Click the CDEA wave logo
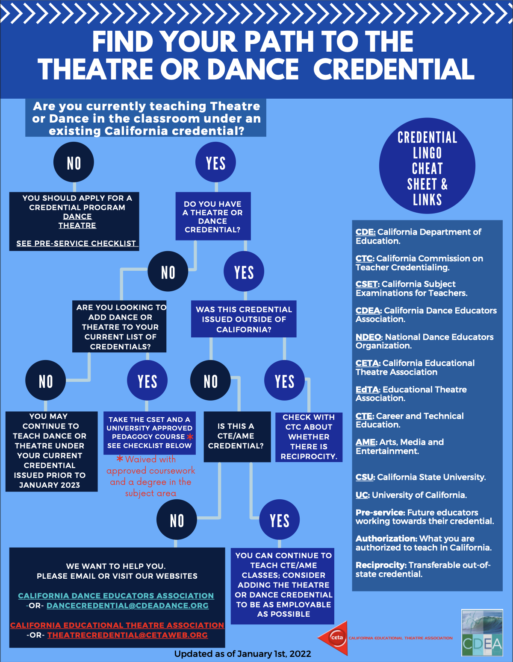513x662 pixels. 482,633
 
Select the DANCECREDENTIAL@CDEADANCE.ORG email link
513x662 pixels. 127,606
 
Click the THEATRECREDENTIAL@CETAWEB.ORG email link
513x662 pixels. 127,635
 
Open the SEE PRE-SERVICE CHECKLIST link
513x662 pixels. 76,243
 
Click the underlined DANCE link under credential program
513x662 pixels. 77,217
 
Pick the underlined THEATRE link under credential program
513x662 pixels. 77,226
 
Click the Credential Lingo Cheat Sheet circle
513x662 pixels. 427,166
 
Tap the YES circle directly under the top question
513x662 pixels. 215,163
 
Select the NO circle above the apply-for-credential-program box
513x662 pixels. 74,163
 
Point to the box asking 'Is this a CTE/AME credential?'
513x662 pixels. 237,436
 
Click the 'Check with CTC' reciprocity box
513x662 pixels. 309,436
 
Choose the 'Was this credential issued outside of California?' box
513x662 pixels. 244,319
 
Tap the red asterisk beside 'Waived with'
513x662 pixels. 120,459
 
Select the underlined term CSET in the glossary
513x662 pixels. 367,284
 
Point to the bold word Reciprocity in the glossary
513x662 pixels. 380,565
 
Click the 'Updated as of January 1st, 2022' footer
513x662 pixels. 242,654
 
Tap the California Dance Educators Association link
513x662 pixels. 116,596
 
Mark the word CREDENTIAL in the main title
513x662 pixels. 394,69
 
